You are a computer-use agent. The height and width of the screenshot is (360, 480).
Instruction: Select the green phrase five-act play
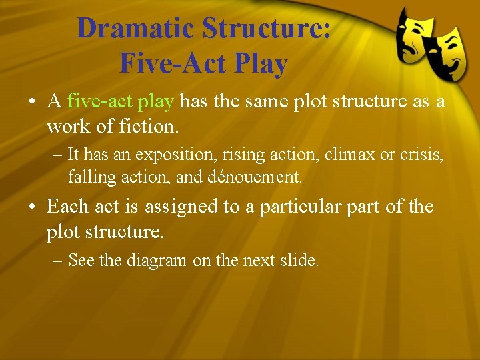coord(121,101)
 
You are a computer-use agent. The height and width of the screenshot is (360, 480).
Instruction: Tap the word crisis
coord(417,155)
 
